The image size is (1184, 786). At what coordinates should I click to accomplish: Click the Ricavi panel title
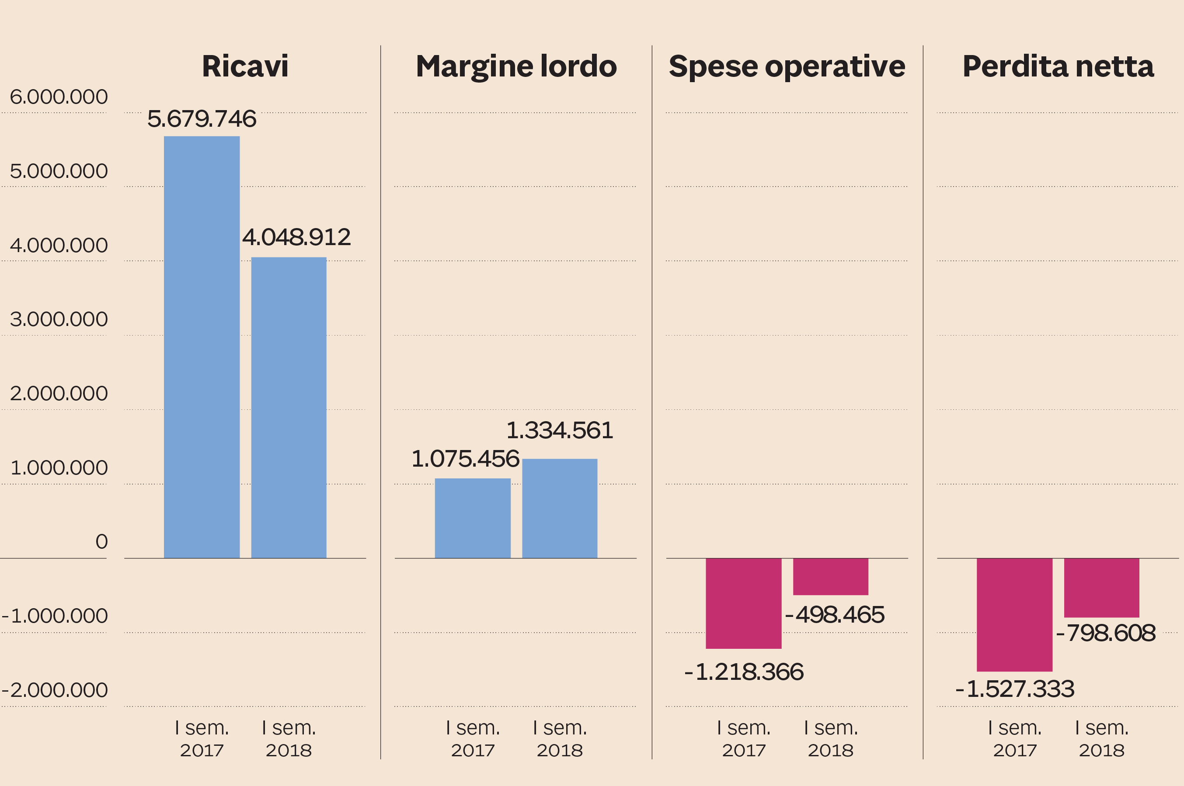(245, 66)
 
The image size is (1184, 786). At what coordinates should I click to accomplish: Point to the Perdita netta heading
(1058, 66)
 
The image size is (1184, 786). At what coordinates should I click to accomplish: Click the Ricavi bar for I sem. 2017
(202, 347)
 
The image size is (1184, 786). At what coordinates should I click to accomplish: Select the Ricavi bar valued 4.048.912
(289, 407)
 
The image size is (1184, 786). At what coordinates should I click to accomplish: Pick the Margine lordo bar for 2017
(472, 518)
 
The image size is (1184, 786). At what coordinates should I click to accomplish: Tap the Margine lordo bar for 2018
(560, 508)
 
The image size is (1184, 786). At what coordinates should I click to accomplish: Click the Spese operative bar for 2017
(743, 603)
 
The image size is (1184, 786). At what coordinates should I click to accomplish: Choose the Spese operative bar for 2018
(830, 576)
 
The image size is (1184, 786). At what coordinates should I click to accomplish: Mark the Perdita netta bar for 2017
(1014, 615)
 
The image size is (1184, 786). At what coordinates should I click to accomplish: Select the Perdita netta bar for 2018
(1101, 588)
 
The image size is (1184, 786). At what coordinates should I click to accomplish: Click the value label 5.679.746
(202, 119)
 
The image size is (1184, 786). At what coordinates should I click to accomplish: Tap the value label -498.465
(835, 615)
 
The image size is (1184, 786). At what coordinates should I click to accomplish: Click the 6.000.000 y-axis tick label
(59, 97)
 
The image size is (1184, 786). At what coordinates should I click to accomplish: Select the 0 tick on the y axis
(101, 541)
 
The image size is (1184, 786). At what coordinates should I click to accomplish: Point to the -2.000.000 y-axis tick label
(55, 690)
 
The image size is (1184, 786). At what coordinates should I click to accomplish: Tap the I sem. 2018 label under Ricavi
(289, 738)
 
